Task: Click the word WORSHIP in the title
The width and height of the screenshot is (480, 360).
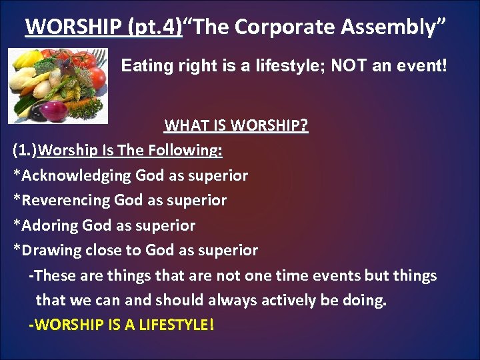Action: coord(65,27)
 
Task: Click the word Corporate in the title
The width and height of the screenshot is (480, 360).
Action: coord(279,27)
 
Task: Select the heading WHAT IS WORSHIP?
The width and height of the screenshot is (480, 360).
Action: coord(236,125)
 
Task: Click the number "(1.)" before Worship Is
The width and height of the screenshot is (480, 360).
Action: coord(25,150)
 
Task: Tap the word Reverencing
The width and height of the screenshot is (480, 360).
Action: coord(66,200)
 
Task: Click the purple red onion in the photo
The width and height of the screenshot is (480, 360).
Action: coord(57,109)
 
